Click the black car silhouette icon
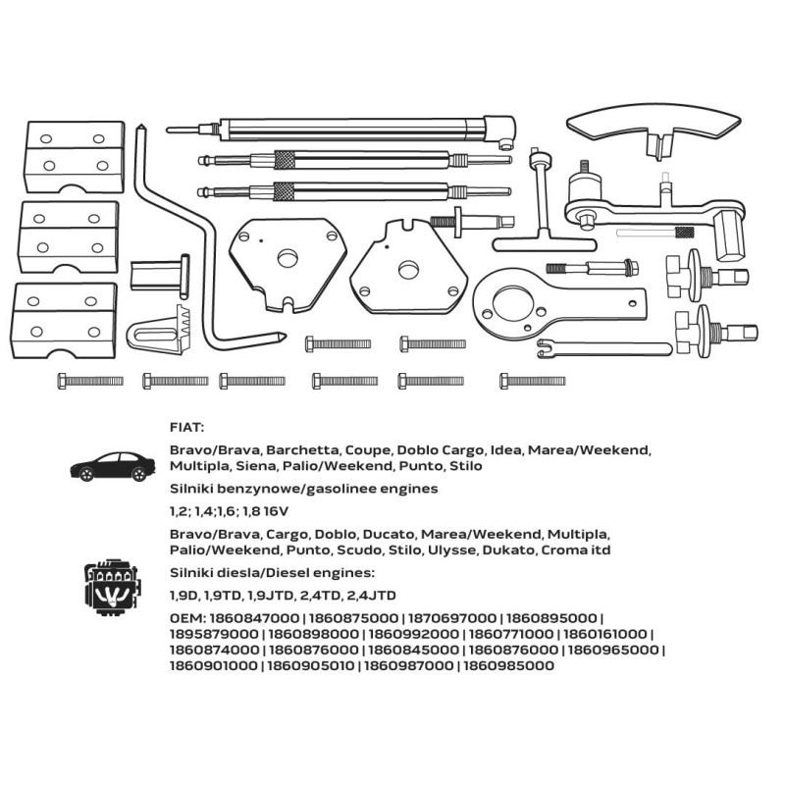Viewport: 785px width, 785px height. point(113,467)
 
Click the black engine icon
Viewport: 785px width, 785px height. point(113,588)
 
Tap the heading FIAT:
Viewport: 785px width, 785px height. point(186,428)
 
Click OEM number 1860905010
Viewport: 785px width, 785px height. point(310,666)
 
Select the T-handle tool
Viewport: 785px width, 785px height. point(544,210)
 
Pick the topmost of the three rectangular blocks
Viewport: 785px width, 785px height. point(75,156)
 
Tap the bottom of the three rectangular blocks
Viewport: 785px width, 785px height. point(64,321)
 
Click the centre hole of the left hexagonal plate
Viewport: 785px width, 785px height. point(288,258)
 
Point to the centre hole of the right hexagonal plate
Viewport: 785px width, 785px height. point(408,271)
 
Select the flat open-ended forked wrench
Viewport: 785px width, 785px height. point(603,349)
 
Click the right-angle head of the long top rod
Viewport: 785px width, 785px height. point(499,131)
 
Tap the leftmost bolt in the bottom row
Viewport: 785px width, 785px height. point(90,381)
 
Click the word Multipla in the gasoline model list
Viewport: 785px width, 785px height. point(198,466)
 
